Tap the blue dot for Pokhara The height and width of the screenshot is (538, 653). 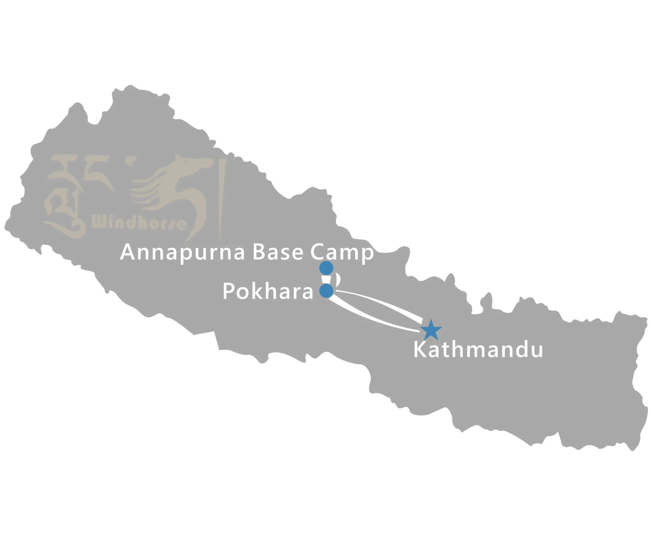[326, 291]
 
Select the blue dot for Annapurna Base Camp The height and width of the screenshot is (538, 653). [326, 268]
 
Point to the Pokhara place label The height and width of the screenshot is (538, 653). [268, 291]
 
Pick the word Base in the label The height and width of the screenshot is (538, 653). [278, 252]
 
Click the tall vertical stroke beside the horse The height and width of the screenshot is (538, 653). [222, 198]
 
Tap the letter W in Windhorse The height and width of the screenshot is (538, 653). [99, 222]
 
